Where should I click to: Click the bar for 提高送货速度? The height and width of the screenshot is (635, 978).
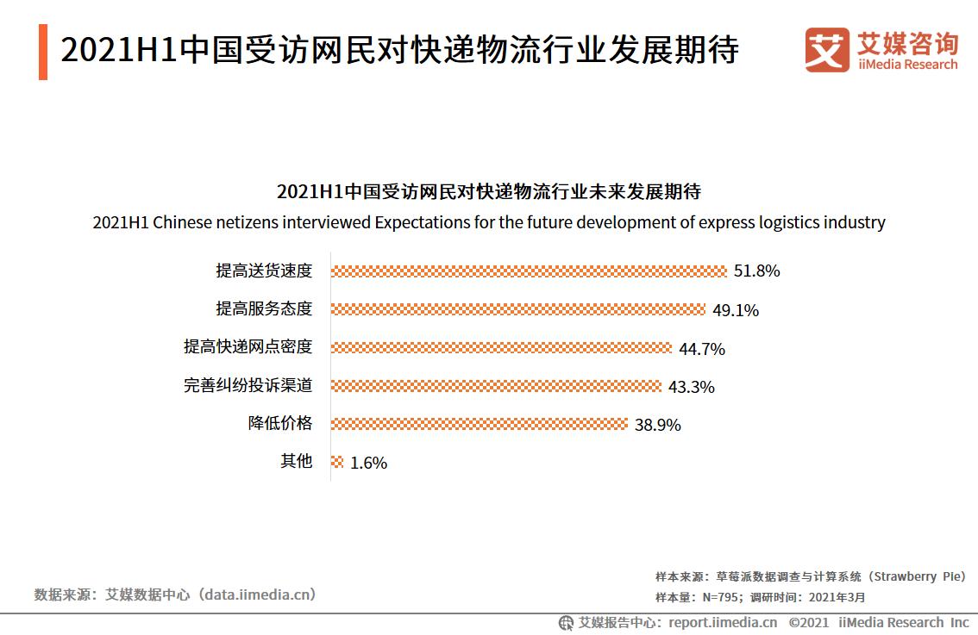tap(529, 271)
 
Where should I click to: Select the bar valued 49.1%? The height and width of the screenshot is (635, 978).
tap(518, 309)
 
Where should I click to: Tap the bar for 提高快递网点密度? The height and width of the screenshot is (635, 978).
tap(501, 348)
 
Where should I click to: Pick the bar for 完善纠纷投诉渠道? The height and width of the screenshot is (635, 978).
tap(496, 386)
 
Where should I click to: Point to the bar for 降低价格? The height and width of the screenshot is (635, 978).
tap(479, 424)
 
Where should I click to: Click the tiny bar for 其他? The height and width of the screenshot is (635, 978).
tap(337, 462)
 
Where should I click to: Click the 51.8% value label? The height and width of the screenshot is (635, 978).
tap(756, 271)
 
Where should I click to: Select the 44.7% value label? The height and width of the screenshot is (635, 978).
tap(701, 349)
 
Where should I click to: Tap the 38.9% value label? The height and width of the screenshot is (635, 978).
tap(658, 425)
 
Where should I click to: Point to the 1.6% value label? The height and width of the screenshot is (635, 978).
tap(368, 463)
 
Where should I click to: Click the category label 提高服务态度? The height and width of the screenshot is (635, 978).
tap(263, 309)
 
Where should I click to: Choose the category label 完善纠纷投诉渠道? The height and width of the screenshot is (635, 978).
tap(248, 386)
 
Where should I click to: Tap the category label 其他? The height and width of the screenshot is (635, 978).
tap(296, 462)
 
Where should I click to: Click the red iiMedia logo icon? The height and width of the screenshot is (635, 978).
tap(826, 50)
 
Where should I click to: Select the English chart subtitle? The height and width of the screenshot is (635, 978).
tap(488, 222)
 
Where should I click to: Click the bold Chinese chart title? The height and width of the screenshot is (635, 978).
tap(488, 190)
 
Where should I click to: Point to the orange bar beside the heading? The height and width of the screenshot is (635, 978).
tap(43, 52)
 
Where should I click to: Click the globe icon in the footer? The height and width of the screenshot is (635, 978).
tap(566, 622)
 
